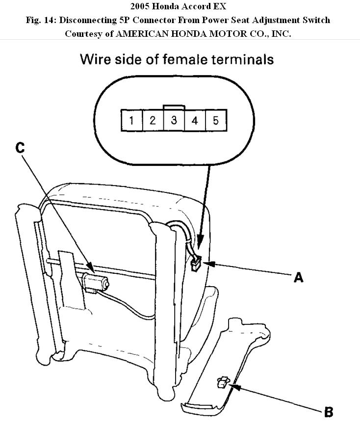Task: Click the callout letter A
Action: [298, 277]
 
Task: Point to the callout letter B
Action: [329, 411]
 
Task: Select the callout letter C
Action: [20, 148]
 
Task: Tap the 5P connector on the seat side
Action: [195, 266]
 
